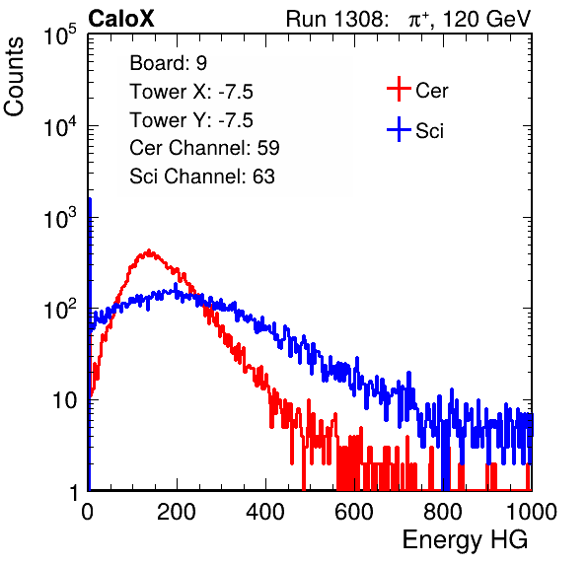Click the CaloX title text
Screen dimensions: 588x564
pyautogui.click(x=121, y=19)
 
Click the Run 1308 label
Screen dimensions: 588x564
pyautogui.click(x=335, y=19)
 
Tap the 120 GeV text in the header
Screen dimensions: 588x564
pyautogui.click(x=486, y=19)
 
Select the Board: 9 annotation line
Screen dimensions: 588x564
pyautogui.click(x=168, y=62)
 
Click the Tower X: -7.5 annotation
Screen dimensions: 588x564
pyautogui.click(x=191, y=92)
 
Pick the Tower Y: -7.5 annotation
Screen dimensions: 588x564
pyautogui.click(x=191, y=120)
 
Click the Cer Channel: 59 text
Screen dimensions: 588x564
pyautogui.click(x=204, y=148)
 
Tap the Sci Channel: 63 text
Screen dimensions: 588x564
pyautogui.click(x=202, y=176)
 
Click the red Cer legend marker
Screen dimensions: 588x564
pyautogui.click(x=399, y=89)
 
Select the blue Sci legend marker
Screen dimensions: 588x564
pyautogui.click(x=399, y=129)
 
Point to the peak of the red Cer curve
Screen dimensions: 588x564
pyautogui.click(x=149, y=250)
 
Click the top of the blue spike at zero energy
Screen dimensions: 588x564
pyautogui.click(x=90, y=199)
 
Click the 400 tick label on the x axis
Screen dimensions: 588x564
pyautogui.click(x=265, y=512)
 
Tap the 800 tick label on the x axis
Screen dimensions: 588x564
pyautogui.click(x=443, y=512)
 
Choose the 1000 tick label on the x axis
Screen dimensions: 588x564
pyautogui.click(x=532, y=512)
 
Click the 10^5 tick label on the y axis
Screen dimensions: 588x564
pyautogui.click(x=60, y=35)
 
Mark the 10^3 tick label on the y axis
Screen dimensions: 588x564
pyautogui.click(x=60, y=217)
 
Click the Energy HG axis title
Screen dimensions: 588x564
pyautogui.click(x=465, y=540)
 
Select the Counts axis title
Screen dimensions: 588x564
pyautogui.click(x=14, y=77)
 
